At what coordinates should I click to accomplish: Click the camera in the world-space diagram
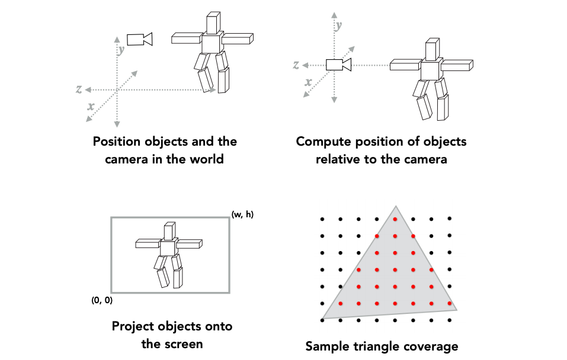click(140, 40)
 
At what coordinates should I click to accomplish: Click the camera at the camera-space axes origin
click(338, 65)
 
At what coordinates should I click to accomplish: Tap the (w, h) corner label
click(243, 214)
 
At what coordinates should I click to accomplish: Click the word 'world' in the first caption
click(207, 159)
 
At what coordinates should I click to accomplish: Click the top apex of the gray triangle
click(396, 206)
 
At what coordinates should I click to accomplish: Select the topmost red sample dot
click(395, 219)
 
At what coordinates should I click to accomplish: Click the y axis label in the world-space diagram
click(121, 50)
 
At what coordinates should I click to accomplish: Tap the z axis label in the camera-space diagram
click(296, 65)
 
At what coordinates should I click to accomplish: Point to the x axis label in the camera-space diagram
click(308, 82)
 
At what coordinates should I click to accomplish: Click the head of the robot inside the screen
click(169, 231)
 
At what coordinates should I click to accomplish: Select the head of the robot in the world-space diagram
click(213, 24)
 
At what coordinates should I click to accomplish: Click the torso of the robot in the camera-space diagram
click(431, 70)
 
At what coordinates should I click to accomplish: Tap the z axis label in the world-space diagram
click(79, 89)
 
